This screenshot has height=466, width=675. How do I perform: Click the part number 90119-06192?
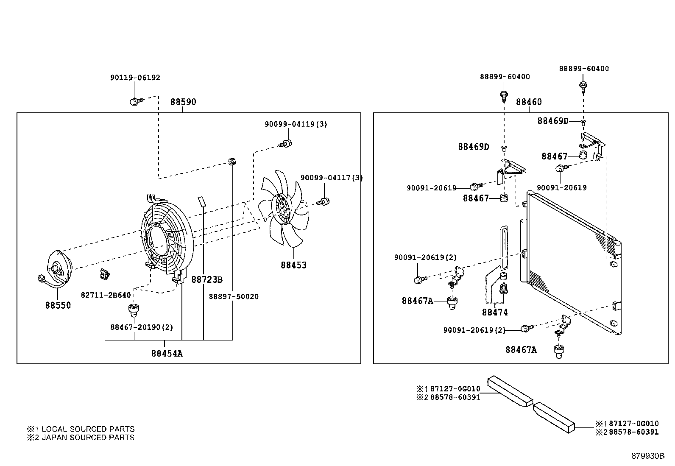[x=135, y=78]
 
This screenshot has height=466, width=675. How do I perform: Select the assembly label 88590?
[x=183, y=102]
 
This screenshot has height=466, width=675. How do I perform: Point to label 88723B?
[x=207, y=280]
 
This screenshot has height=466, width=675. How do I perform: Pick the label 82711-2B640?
[x=106, y=295]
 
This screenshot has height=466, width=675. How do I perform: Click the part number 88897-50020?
[x=233, y=296]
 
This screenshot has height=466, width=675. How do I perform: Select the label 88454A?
[x=167, y=353]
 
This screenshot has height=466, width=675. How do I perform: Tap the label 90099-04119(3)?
[x=296, y=124]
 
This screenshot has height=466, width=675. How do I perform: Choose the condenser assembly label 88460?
[x=529, y=102]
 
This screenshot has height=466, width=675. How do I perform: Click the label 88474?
[x=494, y=313]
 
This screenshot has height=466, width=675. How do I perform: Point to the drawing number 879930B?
[x=647, y=456]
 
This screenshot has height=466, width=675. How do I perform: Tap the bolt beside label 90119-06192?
[x=135, y=101]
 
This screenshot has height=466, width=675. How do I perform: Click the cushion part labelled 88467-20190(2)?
[x=134, y=311]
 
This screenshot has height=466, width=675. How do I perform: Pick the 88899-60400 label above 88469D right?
[x=583, y=69]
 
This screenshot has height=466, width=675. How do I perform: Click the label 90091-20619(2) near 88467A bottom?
[x=474, y=330]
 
